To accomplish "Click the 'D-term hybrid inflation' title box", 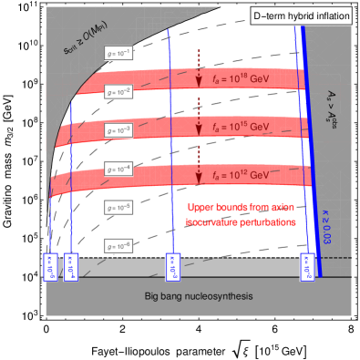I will [x=301, y=17].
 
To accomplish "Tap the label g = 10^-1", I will [x=118, y=52].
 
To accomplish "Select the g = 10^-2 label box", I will [x=118, y=91].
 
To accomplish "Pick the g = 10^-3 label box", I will [x=118, y=130].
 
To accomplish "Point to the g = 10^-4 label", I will [x=118, y=169].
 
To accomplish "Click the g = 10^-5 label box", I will [x=118, y=208].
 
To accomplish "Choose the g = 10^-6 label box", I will [x=118, y=246].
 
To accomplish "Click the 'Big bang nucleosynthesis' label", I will [x=198, y=297].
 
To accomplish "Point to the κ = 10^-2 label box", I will [x=307, y=269].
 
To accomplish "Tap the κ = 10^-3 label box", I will [x=169, y=267].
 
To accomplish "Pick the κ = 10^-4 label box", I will [x=72, y=267].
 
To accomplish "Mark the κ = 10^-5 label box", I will [x=51, y=267].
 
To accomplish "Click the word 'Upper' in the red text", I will [x=200, y=206].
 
